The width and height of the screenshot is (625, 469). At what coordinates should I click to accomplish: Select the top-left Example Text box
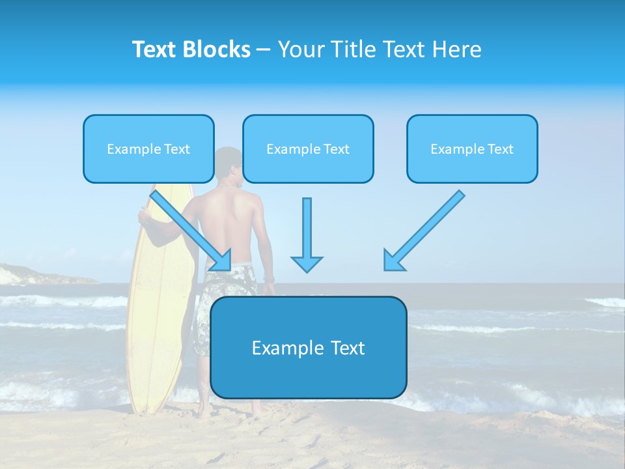click(148, 149)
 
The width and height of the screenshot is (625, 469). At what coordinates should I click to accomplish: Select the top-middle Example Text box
click(308, 149)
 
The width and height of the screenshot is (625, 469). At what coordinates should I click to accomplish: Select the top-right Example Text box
click(472, 149)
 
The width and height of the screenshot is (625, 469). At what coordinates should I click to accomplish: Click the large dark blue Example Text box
click(308, 348)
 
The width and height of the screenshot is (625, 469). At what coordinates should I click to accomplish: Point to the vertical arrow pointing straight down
click(307, 231)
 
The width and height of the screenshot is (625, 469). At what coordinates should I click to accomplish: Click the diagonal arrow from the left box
click(190, 229)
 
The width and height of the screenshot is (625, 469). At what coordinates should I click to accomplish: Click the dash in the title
click(264, 50)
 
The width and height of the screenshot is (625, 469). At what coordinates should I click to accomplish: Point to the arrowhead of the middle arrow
click(307, 263)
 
